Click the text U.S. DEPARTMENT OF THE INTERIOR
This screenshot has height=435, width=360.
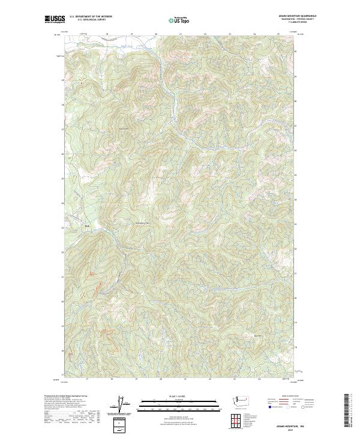pyautogui.click(x=91, y=17)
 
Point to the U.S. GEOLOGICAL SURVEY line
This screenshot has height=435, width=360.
pyautogui.click(x=91, y=20)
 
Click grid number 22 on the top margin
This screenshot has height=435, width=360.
pyautogui.click(x=205, y=34)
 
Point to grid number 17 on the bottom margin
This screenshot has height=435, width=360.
pyautogui.click(x=87, y=379)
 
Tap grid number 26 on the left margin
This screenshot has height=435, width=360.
pyautogui.click(x=62, y=154)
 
